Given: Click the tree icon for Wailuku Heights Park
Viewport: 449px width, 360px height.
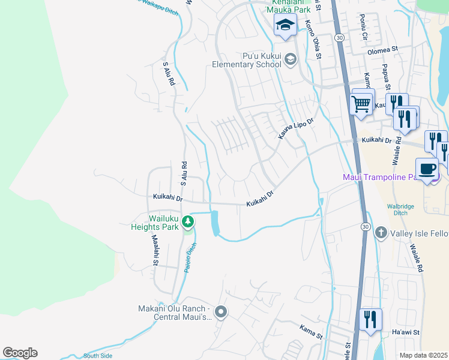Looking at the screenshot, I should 188,222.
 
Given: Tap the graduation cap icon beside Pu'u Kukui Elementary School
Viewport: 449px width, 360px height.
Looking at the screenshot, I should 291,59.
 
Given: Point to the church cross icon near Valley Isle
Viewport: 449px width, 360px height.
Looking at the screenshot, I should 381,232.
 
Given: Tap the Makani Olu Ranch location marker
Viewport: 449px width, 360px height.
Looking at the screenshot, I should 221,311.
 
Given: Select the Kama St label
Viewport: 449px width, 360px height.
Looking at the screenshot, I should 311,329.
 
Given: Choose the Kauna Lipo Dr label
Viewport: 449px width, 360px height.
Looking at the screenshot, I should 296,129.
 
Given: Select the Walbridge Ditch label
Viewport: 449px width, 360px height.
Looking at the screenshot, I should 400,211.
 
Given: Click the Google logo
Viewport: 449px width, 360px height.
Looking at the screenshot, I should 20,352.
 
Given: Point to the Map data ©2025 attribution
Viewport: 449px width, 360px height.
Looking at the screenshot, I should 423,355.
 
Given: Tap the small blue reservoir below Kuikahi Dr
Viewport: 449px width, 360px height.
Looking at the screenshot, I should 215,224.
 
